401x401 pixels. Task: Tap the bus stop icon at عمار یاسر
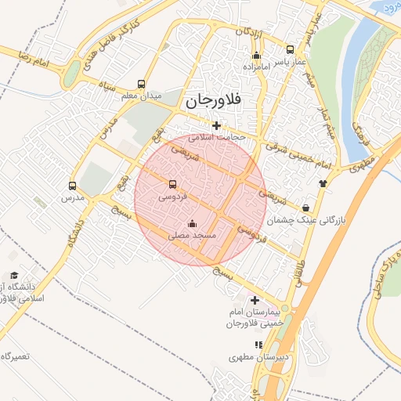pyautogui.click(x=291, y=49)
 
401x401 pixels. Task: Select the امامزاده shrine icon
pyautogui.click(x=256, y=55)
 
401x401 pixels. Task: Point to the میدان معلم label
pyautogui.click(x=141, y=96)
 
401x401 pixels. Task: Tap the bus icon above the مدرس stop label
pyautogui.click(x=73, y=186)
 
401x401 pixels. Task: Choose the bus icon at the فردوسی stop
pyautogui.click(x=172, y=185)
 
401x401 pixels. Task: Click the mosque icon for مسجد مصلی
pyautogui.click(x=193, y=223)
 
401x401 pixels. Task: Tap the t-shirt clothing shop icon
pyautogui.click(x=322, y=182)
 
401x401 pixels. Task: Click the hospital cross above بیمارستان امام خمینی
pyautogui.click(x=254, y=300)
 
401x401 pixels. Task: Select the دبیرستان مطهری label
pyautogui.click(x=260, y=356)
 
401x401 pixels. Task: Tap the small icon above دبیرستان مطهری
pyautogui.click(x=258, y=345)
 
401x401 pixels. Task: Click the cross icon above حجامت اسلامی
pyautogui.click(x=216, y=125)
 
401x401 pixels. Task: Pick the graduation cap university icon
pyautogui.click(x=14, y=276)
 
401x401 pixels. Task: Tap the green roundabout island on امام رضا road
pyautogui.click(x=72, y=74)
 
